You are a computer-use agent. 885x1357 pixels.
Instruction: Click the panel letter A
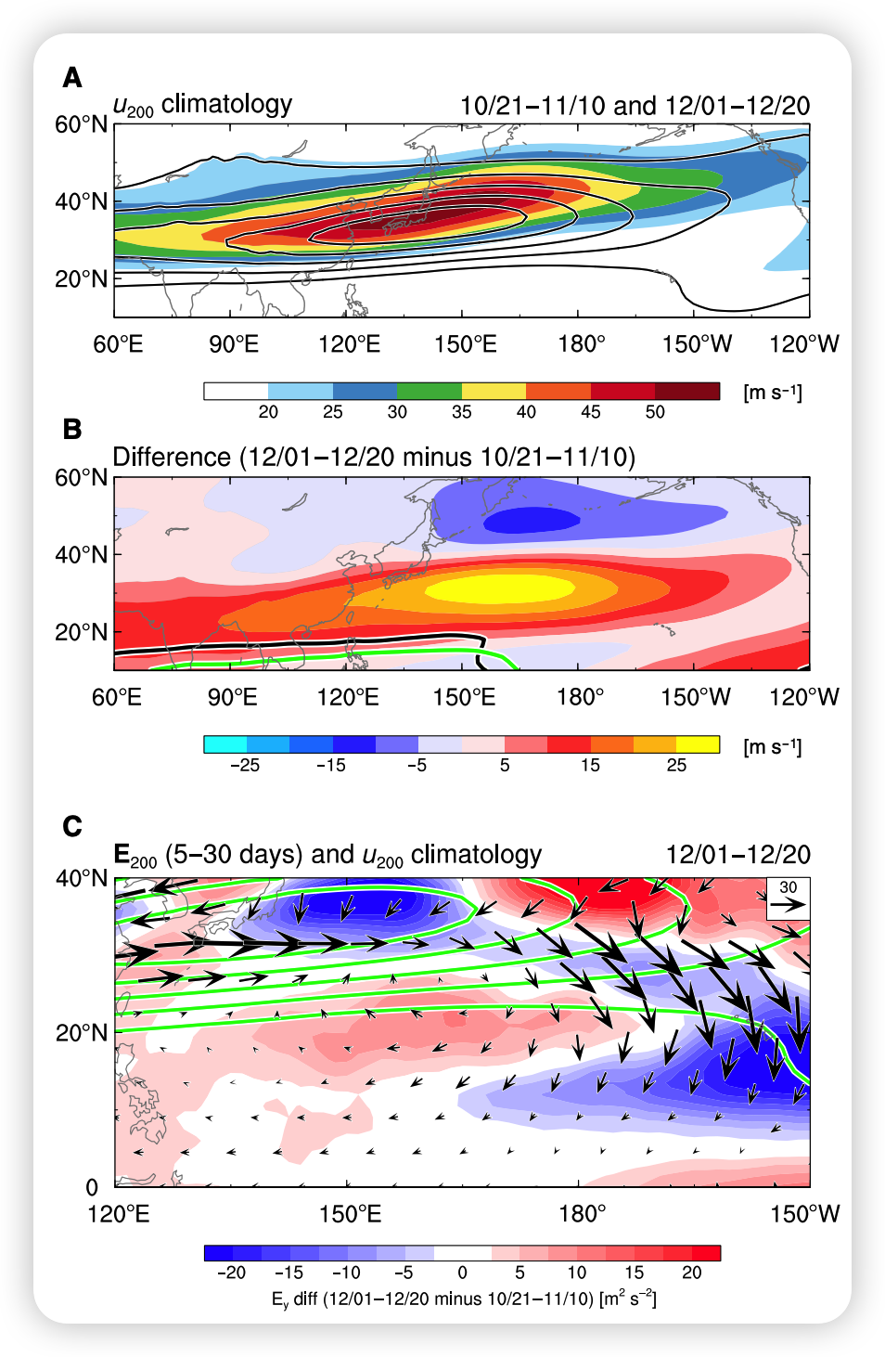(x=72, y=78)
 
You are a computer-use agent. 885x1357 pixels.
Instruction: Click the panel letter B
(x=72, y=430)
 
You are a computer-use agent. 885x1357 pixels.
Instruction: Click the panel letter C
(x=72, y=826)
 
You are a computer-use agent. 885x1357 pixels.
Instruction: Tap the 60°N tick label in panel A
(x=81, y=124)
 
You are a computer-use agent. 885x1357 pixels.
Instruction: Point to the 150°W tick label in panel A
(x=697, y=344)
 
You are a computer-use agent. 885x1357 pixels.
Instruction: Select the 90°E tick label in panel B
(x=232, y=697)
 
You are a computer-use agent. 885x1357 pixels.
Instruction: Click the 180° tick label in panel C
(x=582, y=1213)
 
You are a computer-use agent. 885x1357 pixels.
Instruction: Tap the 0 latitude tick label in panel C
(x=92, y=1187)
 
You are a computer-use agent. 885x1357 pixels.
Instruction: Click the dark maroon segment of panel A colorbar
(x=686, y=391)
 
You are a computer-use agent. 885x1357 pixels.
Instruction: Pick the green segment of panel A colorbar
(x=429, y=391)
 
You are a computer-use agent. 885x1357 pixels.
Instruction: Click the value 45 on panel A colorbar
(x=590, y=412)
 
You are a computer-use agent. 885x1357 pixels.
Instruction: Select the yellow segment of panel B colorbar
(x=698, y=743)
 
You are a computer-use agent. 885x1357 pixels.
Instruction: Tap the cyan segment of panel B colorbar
(x=225, y=743)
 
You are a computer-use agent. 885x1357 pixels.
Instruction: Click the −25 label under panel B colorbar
(x=244, y=766)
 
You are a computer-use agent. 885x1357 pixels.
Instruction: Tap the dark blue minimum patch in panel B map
(x=532, y=520)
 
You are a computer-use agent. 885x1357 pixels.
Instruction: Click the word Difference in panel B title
(x=172, y=458)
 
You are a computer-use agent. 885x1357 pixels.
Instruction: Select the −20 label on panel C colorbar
(x=231, y=1273)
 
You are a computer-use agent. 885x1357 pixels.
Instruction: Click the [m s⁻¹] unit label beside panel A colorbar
(x=772, y=392)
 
